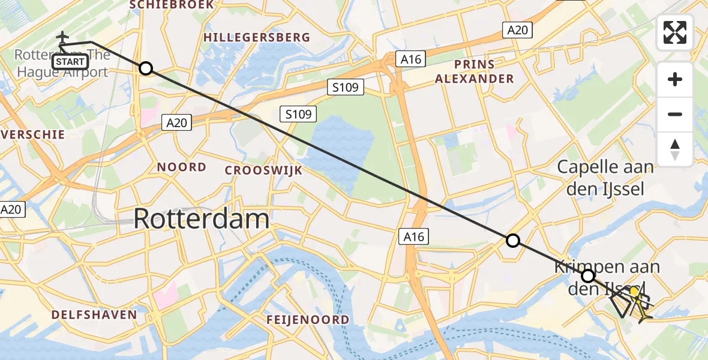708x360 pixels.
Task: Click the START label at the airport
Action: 70,61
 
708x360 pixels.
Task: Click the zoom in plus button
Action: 675,80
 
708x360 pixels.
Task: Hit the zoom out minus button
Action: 675,114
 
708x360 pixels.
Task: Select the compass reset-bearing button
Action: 675,149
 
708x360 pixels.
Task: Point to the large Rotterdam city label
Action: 201,218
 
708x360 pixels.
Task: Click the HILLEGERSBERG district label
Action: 257,37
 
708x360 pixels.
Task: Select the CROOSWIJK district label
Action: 263,170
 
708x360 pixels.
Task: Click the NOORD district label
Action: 182,167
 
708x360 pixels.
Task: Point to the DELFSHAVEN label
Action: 94,314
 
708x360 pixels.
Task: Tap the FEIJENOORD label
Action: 308,319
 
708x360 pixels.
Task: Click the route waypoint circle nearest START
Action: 146,68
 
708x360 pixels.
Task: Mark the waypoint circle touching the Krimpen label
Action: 588,276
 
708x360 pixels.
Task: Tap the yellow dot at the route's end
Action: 634,292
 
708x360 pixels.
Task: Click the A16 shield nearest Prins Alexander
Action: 411,59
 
